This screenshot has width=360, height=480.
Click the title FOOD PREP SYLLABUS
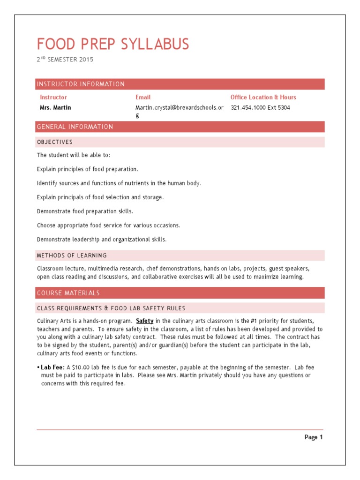(113, 44)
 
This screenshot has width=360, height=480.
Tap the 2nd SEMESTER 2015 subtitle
(65, 60)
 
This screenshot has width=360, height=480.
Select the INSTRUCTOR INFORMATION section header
(81, 84)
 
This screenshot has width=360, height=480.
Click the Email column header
(143, 97)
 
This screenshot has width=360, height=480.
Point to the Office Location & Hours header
(263, 97)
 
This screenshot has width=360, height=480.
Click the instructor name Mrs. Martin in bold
(55, 107)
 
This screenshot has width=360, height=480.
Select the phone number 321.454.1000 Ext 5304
(260, 107)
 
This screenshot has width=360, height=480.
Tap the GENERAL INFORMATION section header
(75, 127)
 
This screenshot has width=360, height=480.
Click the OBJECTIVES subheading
(54, 142)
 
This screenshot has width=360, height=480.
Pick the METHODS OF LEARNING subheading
(72, 255)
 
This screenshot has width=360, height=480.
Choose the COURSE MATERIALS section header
(68, 293)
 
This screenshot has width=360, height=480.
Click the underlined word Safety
(145, 321)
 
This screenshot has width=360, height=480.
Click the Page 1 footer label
(313, 437)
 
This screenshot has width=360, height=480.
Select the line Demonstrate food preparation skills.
(85, 211)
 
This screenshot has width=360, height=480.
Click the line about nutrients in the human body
(119, 183)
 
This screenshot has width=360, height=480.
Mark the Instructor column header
(53, 97)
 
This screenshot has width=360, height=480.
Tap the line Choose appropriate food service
(108, 225)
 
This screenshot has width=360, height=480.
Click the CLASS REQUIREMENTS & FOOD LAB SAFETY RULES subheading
(111, 308)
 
